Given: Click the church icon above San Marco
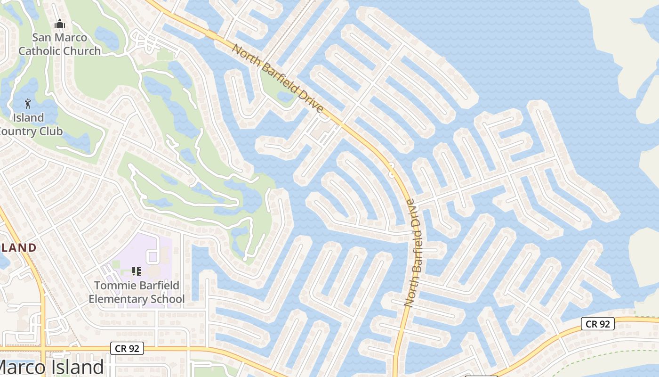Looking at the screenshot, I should [60, 24].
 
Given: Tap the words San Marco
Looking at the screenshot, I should [59, 37].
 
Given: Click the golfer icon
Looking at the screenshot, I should [28, 104].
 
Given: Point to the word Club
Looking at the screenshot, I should [50, 131].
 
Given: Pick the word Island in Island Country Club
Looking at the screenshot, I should [28, 117].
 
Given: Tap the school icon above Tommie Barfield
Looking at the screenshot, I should [137, 271].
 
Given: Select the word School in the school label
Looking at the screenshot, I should [168, 299].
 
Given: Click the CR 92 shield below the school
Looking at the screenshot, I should [127, 349].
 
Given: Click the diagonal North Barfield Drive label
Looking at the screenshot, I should [278, 79].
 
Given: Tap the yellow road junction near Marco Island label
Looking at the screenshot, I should [43, 349].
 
